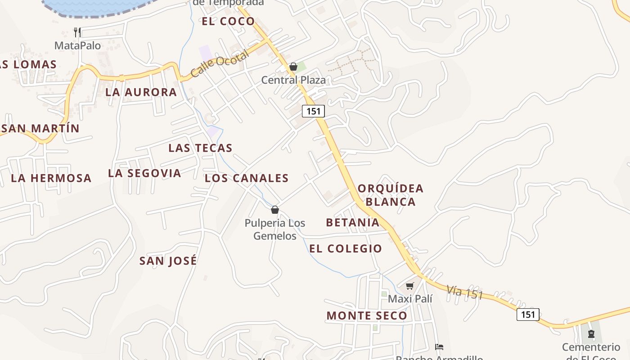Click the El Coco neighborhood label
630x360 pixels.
tap(228, 21)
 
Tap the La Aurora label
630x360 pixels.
tap(141, 92)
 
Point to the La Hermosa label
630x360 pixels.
tap(51, 178)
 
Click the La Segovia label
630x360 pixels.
tap(144, 173)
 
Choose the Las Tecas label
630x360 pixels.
tap(200, 148)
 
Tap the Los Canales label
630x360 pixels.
tap(247, 178)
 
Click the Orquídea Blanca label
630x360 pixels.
tap(391, 195)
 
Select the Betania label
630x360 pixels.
tap(353, 222)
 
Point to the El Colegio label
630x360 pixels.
tap(346, 248)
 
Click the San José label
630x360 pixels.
tap(168, 261)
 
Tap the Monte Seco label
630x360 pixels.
tap(367, 316)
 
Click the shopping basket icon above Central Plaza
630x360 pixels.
tap(293, 67)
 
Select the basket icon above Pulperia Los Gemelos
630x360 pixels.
tap(275, 210)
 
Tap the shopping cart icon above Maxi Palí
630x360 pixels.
tap(409, 286)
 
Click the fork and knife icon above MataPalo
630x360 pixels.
tap(77, 32)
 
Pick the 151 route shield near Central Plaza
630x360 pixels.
tap(313, 111)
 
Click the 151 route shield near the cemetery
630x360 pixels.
tap(527, 315)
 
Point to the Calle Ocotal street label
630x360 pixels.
tap(219, 64)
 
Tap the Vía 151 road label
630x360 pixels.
tap(465, 292)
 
